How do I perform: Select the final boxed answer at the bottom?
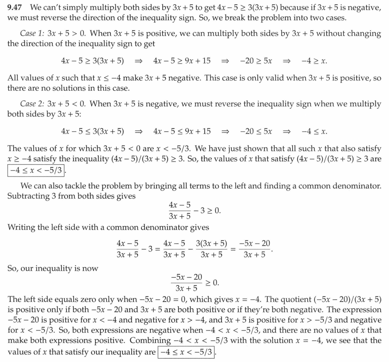pos(185,352)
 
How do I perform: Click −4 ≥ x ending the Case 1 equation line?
pos(314,61)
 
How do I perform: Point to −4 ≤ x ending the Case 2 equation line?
pos(314,131)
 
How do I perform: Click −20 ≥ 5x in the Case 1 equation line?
pos(256,61)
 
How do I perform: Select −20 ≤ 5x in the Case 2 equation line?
pos(256,131)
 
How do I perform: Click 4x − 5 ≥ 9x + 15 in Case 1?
pos(182,61)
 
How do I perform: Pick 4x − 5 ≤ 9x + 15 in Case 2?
pos(182,131)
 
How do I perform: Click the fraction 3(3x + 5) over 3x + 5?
pos(211,249)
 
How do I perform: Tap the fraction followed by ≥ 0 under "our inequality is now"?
pos(186,283)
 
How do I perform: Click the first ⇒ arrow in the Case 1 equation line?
pos(138,61)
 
